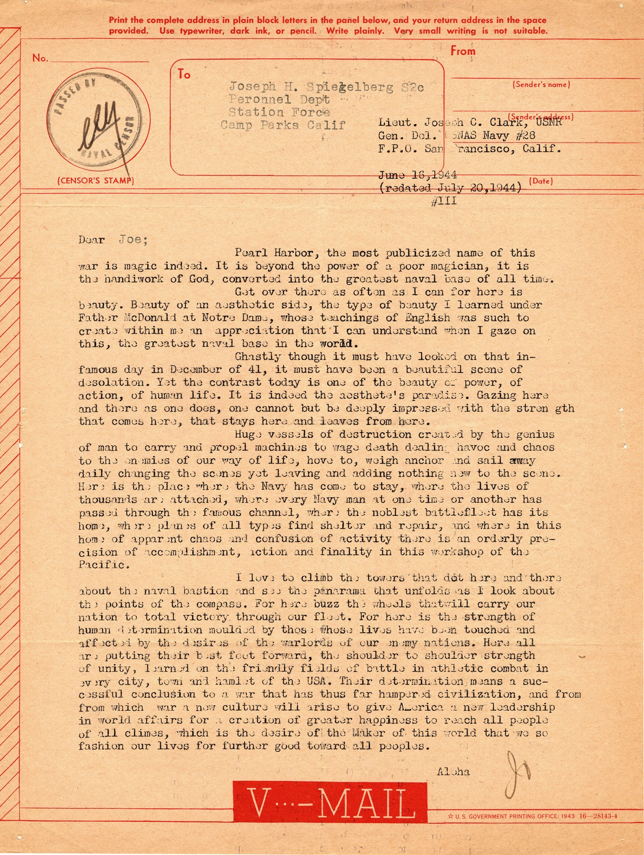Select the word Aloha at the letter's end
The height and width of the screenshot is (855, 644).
pyautogui.click(x=453, y=772)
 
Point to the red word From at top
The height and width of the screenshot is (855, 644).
pyautogui.click(x=463, y=51)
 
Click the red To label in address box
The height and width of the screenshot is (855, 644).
pyautogui.click(x=184, y=74)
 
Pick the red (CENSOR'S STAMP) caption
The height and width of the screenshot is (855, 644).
pyautogui.click(x=95, y=181)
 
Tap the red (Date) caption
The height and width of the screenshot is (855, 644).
pyautogui.click(x=541, y=181)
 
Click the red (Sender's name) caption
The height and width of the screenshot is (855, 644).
pyautogui.click(x=541, y=84)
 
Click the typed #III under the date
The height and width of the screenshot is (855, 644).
pyautogui.click(x=445, y=201)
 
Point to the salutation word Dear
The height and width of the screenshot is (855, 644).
pyautogui.click(x=91, y=239)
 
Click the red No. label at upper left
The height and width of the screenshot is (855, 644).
pyautogui.click(x=40, y=58)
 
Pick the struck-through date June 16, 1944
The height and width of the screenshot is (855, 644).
pyautogui.click(x=418, y=175)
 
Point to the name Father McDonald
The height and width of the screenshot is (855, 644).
pyautogui.click(x=119, y=317)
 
